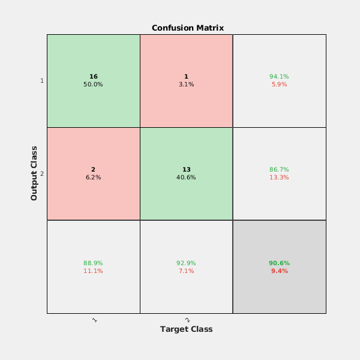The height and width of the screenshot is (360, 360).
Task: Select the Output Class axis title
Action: click(x=34, y=173)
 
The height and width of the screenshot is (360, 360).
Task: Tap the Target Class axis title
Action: click(x=186, y=329)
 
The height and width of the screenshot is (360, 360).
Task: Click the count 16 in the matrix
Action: click(x=93, y=77)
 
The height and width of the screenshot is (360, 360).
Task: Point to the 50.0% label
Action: click(x=93, y=85)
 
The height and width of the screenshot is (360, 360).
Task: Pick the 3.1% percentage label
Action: click(x=186, y=85)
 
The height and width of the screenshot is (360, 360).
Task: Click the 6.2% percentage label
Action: click(x=93, y=178)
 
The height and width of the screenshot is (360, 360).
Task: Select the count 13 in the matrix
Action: click(x=186, y=170)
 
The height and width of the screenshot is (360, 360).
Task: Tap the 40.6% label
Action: click(x=186, y=178)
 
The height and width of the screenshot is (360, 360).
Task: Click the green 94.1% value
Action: click(x=279, y=77)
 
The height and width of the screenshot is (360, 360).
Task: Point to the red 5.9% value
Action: click(x=279, y=85)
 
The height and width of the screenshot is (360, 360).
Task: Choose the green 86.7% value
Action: click(x=279, y=170)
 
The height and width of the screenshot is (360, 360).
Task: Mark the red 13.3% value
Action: click(x=279, y=178)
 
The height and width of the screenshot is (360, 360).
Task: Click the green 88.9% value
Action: click(x=93, y=263)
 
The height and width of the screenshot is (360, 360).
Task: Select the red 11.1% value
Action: click(x=93, y=271)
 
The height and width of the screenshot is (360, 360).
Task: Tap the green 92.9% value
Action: click(x=186, y=263)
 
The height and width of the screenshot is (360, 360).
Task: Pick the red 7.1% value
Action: click(x=186, y=271)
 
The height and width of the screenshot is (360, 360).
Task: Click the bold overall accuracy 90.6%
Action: click(x=279, y=263)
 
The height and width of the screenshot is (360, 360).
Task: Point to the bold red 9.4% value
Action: click(x=279, y=271)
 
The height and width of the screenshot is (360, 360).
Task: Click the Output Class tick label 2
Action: click(x=41, y=174)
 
